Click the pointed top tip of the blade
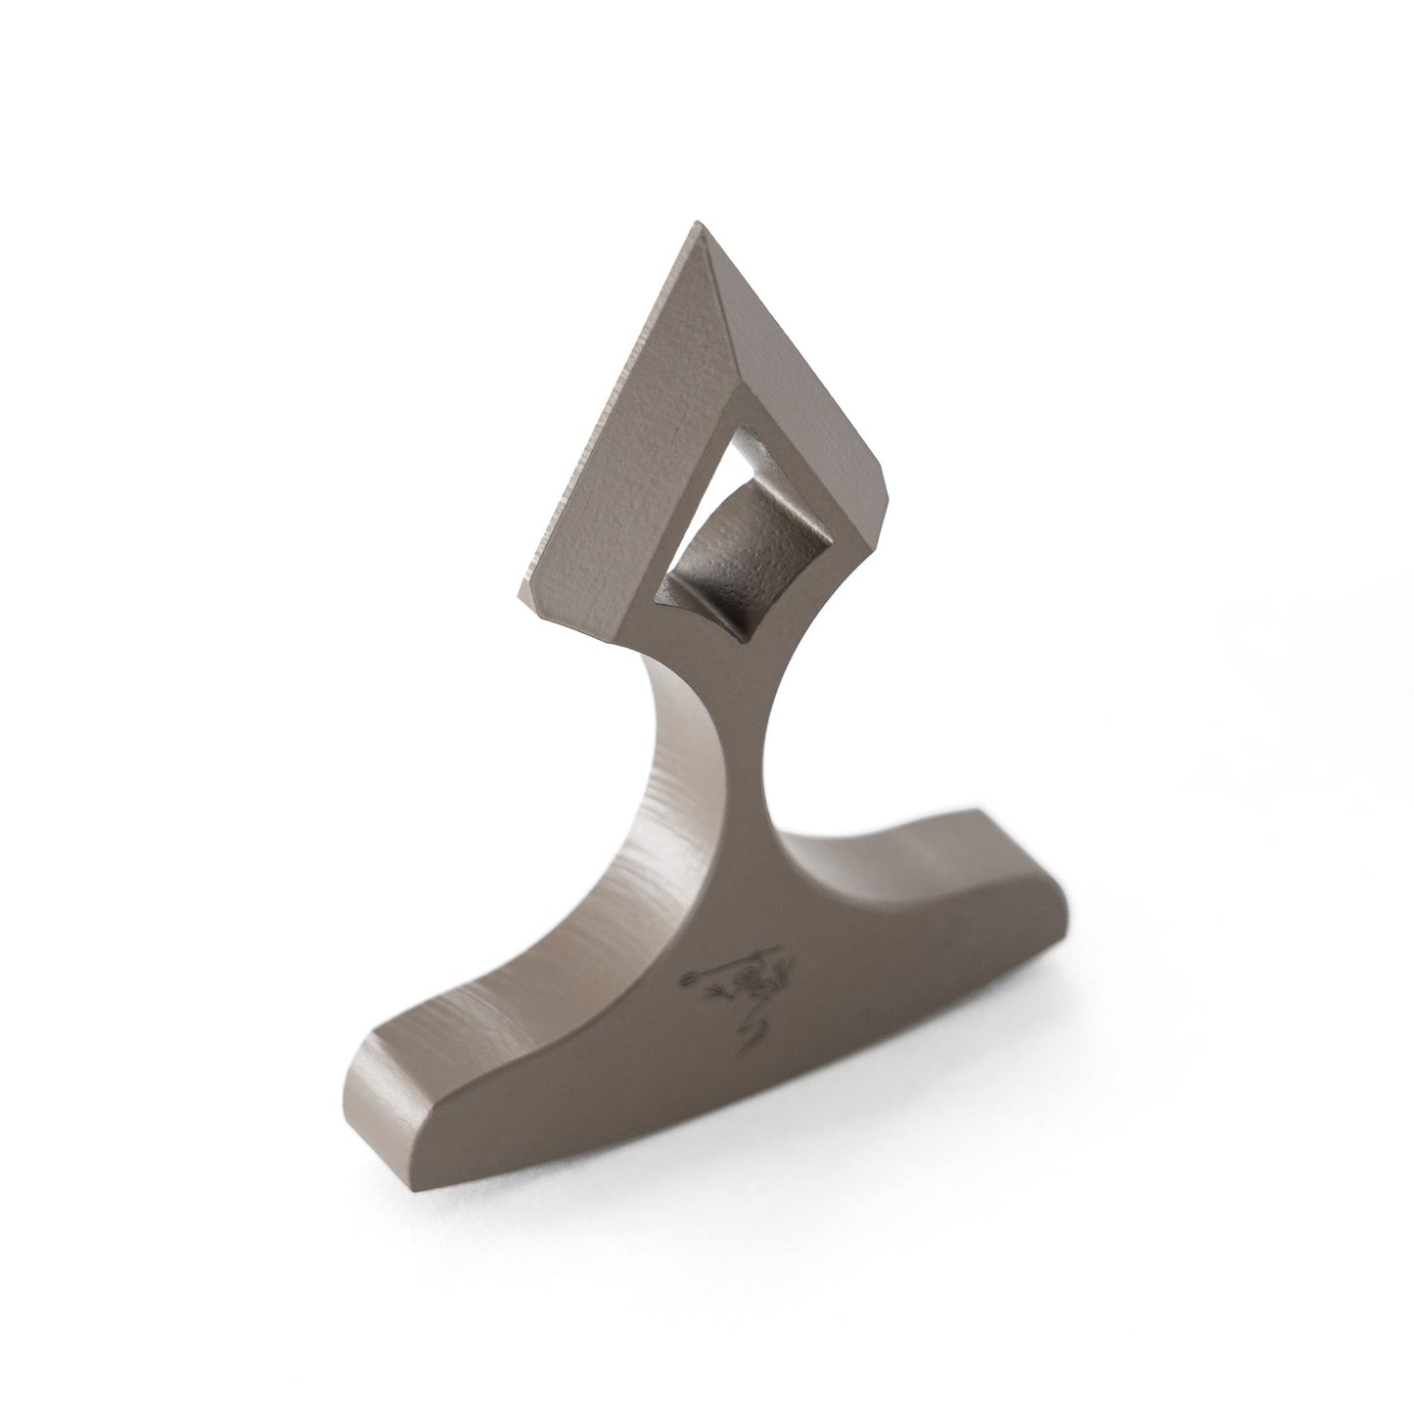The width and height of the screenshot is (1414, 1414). [x=698, y=227]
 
